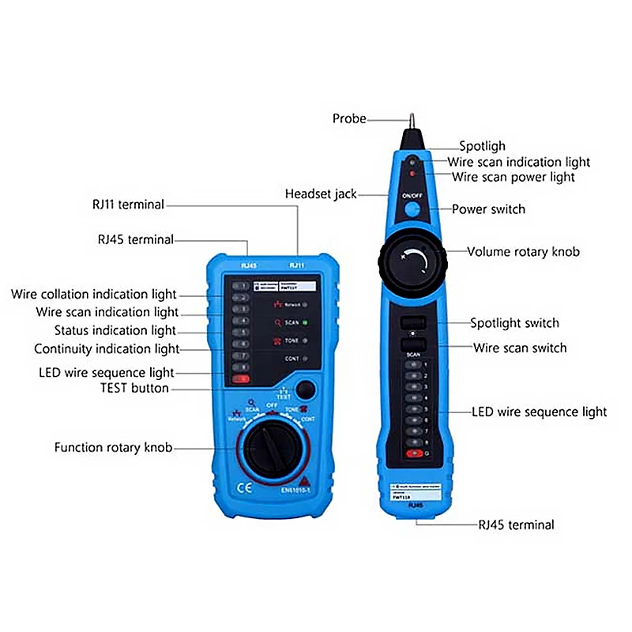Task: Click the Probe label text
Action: click(x=349, y=118)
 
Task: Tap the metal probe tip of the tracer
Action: click(x=412, y=119)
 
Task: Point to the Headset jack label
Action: click(x=321, y=194)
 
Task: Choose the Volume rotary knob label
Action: click(x=523, y=252)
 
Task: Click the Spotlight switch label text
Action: click(x=514, y=323)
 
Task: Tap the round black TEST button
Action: click(x=305, y=389)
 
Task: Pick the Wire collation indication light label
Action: click(x=94, y=295)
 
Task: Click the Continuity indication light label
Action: click(x=107, y=348)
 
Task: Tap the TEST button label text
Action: click(x=134, y=388)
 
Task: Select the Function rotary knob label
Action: click(x=113, y=448)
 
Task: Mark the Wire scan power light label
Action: click(x=513, y=177)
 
